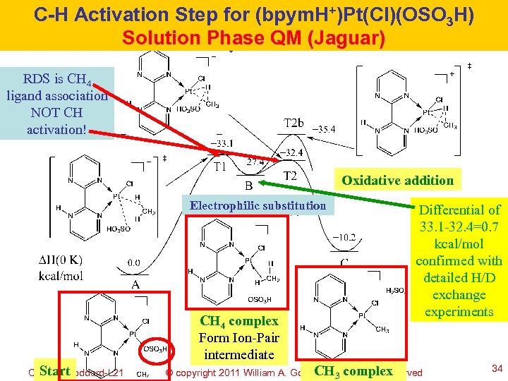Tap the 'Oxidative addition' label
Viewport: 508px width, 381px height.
tap(398, 181)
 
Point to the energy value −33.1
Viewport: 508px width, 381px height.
tap(225, 143)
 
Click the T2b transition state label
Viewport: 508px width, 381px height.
tap(294, 123)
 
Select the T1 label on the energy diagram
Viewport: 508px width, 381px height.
tap(220, 167)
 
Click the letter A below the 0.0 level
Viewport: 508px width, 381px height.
tap(134, 284)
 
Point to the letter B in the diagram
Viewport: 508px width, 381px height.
tap(248, 186)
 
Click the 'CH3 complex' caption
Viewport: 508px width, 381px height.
tap(353, 371)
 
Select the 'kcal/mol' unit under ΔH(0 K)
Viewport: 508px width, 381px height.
tap(61, 277)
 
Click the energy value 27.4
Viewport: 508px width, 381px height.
tap(255, 162)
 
